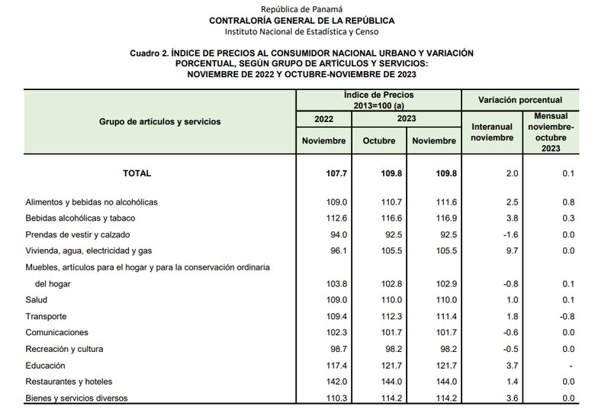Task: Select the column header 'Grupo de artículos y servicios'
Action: click(x=159, y=121)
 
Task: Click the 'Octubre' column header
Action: click(x=378, y=140)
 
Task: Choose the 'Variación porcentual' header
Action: click(x=519, y=100)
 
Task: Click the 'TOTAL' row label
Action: click(x=137, y=173)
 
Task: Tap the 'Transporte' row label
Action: click(x=47, y=316)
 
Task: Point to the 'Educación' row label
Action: click(x=46, y=366)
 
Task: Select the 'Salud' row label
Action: click(x=37, y=300)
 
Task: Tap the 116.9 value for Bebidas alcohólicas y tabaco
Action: click(x=433, y=218)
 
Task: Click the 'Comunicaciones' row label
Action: click(x=57, y=333)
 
